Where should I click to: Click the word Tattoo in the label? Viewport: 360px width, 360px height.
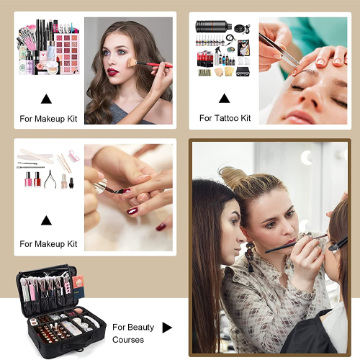(226, 118)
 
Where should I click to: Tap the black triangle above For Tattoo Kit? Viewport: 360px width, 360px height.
(225, 99)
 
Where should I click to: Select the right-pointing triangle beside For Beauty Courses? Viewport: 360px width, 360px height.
(167, 328)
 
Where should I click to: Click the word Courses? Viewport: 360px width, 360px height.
(128, 340)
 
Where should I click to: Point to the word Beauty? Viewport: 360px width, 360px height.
(140, 328)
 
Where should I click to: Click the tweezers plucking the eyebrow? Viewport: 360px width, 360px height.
(279, 50)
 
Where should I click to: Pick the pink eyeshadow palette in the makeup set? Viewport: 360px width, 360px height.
(67, 53)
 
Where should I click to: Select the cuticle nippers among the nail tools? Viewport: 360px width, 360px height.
(50, 179)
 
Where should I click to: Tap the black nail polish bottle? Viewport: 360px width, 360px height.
(71, 183)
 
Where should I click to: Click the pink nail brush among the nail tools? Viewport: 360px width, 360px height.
(74, 156)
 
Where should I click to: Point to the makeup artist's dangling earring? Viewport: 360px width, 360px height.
(250, 256)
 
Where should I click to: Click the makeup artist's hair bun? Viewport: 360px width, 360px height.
(231, 177)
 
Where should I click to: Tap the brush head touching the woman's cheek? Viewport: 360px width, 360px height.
(132, 62)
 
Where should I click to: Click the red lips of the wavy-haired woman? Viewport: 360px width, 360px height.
(112, 71)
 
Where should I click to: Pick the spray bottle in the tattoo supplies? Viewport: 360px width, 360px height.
(217, 56)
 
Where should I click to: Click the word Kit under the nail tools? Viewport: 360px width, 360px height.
(72, 244)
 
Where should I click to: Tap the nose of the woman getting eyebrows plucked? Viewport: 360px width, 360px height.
(310, 96)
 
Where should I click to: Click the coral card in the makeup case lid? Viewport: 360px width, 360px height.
(78, 282)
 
